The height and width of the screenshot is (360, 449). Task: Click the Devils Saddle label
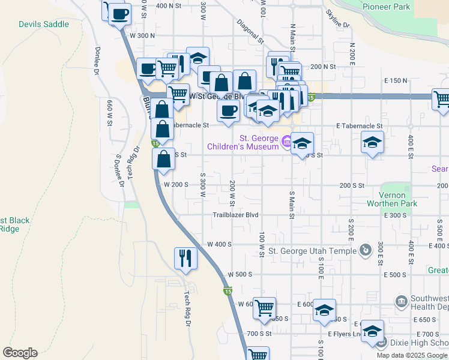43,25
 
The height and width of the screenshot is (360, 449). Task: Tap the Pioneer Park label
387,7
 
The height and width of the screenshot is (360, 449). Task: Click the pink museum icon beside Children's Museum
286,142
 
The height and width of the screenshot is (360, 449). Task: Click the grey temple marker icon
364,250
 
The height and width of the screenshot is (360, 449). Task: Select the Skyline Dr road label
337,19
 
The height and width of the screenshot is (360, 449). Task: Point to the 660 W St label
110,112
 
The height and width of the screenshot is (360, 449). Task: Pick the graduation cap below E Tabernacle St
372,143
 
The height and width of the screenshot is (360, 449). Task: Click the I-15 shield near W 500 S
228,292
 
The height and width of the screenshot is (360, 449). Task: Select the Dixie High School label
419,343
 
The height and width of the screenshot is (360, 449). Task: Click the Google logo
20,353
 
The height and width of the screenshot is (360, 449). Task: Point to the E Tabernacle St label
360,125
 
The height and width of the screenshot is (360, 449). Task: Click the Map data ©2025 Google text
412,355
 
